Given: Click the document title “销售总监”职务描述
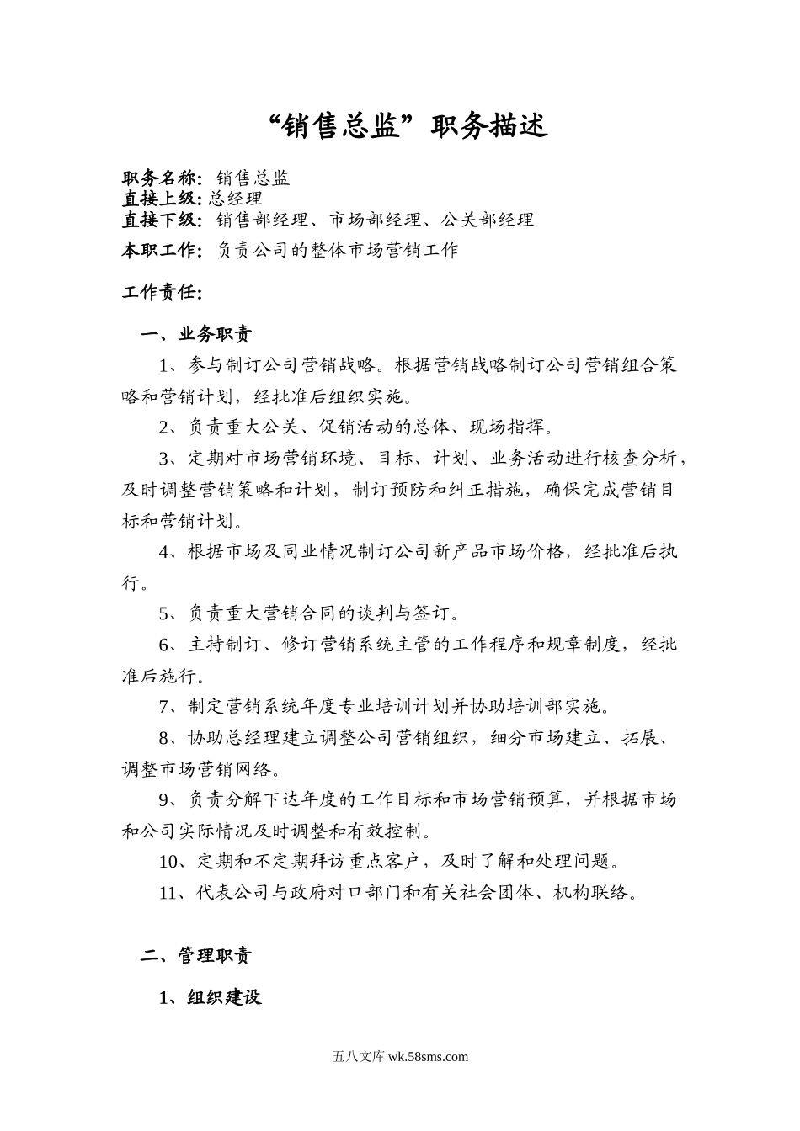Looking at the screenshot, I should coord(407,126).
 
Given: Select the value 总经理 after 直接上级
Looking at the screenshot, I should coord(235,199).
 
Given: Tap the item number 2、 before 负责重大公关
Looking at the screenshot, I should coord(169,427).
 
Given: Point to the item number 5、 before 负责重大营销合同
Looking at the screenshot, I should coord(169,613).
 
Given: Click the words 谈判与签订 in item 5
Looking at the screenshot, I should coord(421,613).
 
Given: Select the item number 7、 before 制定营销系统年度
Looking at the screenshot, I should coord(169,706).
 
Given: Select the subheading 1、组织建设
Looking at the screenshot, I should coord(211,998).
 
